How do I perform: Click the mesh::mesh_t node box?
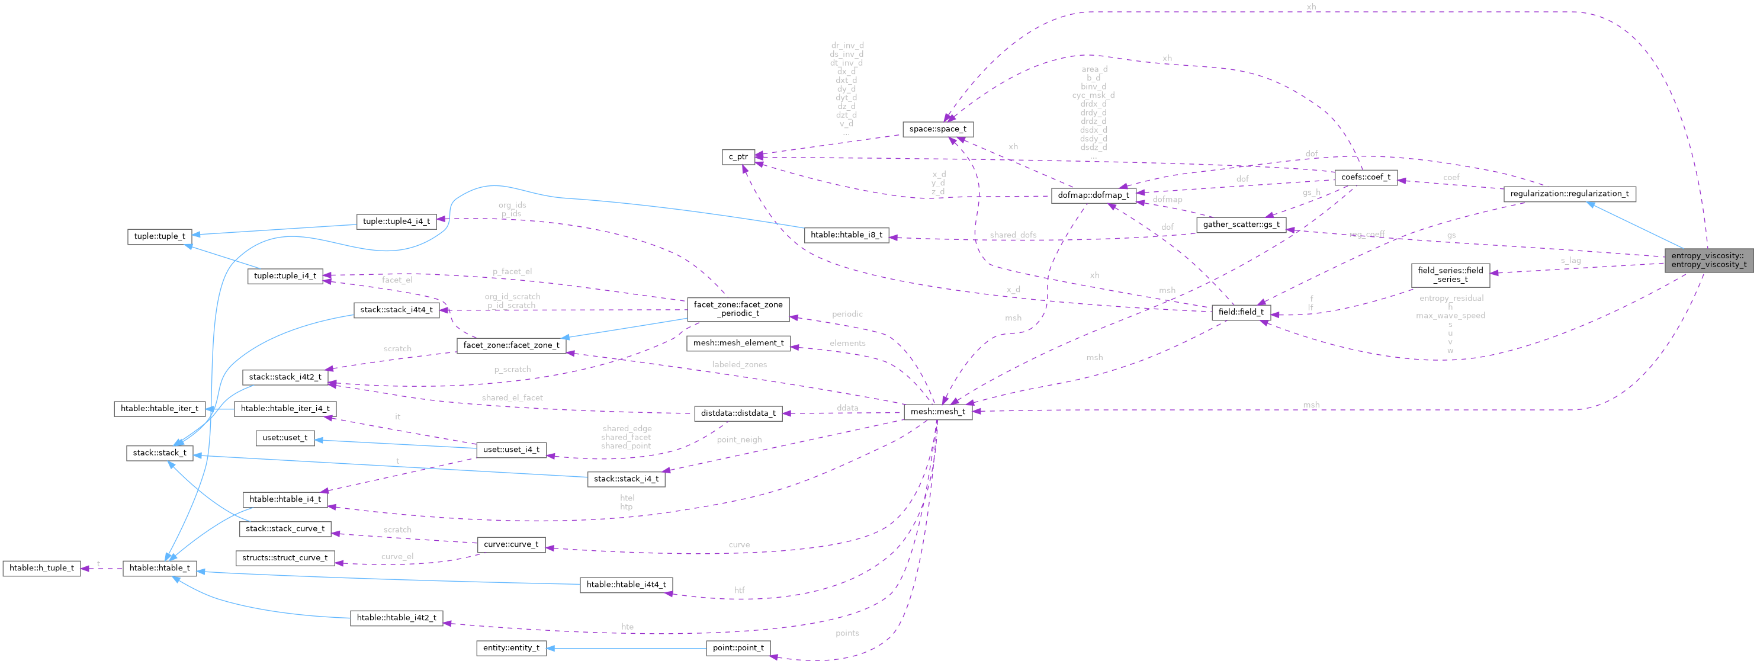coord(937,412)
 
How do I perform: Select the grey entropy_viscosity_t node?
coord(1708,260)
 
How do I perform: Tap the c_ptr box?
coord(737,157)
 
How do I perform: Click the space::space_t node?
coord(937,129)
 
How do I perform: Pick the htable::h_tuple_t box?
coord(41,568)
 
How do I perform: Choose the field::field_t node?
coord(1240,312)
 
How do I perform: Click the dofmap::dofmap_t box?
coord(1093,195)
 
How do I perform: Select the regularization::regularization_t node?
coord(1569,194)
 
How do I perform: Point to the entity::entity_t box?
coord(511,647)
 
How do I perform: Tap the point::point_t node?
coord(737,647)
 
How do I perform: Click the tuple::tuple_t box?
coord(159,236)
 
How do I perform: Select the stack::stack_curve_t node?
coord(285,528)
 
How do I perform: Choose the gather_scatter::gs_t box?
coord(1241,224)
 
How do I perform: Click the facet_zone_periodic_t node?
coord(737,309)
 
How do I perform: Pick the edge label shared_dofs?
coord(1012,235)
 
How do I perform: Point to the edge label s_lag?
coord(1569,260)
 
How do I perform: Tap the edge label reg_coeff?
coord(1366,234)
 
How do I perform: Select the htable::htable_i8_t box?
coord(846,235)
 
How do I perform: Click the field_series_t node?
coord(1450,275)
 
